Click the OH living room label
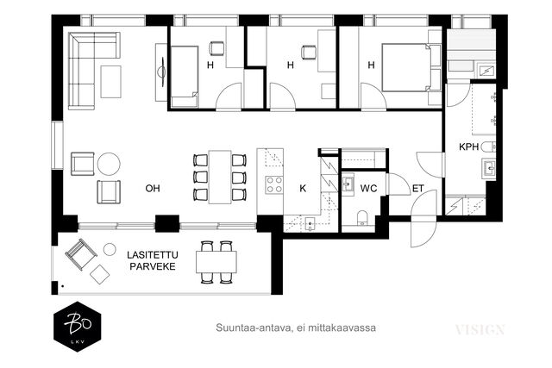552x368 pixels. point(153,189)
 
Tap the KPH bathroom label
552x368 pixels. point(469,147)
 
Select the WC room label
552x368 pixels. point(368,189)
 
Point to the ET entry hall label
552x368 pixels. point(417,189)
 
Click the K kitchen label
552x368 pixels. point(303,189)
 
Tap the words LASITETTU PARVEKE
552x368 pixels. point(153,260)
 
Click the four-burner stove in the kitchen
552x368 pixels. point(274,184)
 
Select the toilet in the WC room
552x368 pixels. point(362,218)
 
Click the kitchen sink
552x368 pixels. point(309,223)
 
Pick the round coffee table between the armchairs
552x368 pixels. point(109,164)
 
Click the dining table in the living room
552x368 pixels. point(220,177)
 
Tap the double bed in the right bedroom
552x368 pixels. point(406,67)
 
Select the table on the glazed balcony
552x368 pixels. point(216,262)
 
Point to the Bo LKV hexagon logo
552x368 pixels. point(78,327)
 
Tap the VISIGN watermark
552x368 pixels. point(480,330)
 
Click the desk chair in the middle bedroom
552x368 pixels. point(309,53)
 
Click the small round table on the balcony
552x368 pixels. point(110,249)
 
